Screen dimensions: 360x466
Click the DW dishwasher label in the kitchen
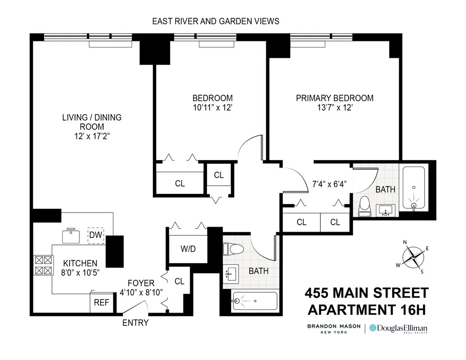click(95, 235)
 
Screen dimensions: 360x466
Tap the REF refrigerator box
click(101, 303)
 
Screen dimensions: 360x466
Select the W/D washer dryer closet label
click(188, 249)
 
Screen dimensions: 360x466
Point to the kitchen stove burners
click(43, 265)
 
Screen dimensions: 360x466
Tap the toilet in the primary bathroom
click(365, 206)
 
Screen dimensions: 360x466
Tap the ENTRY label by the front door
click(136, 323)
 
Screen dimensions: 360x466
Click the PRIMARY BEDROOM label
click(334, 98)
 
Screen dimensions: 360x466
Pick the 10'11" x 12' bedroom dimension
click(213, 108)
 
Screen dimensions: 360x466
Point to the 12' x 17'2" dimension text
click(92, 136)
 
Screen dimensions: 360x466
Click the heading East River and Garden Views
click(216, 21)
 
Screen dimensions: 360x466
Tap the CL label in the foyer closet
click(179, 281)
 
